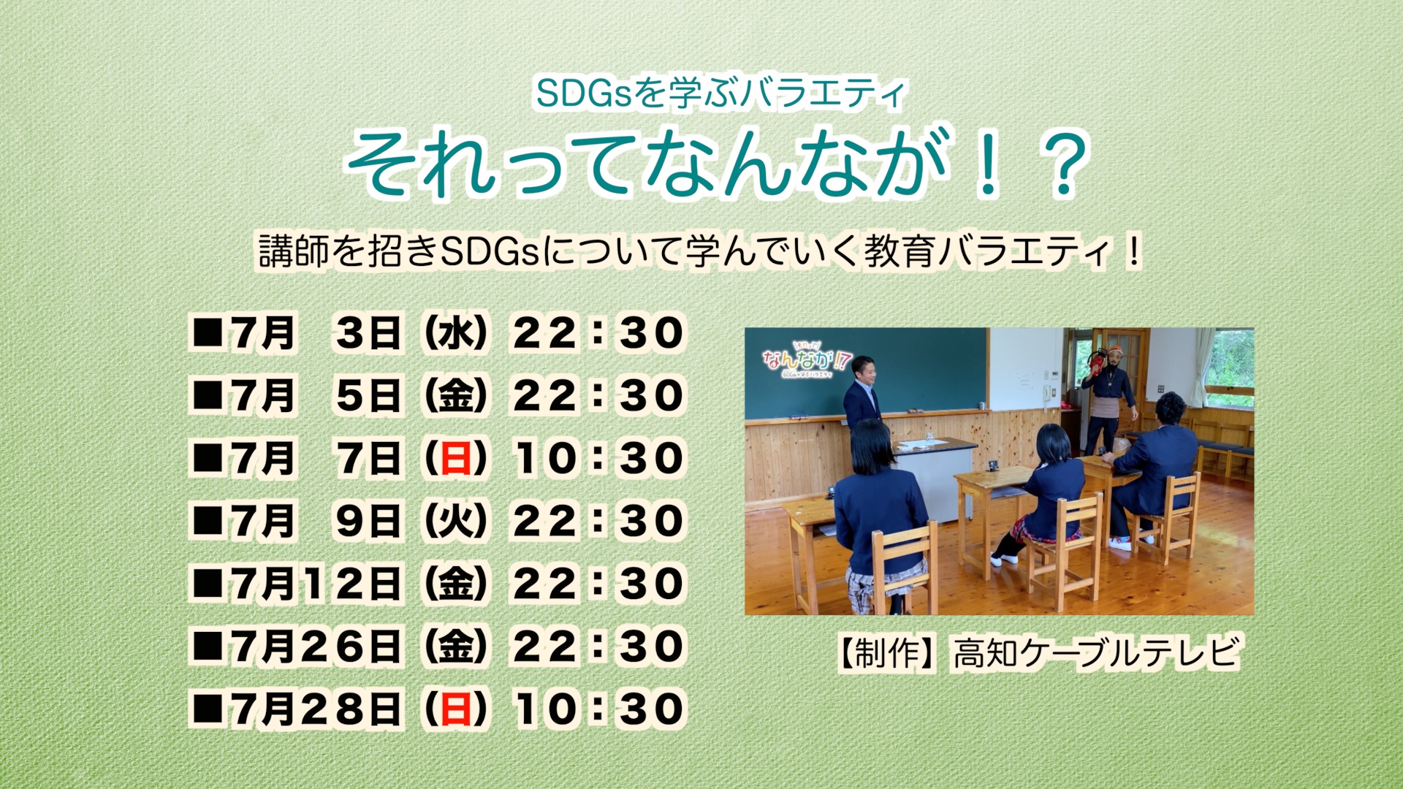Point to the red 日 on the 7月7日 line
(455, 459)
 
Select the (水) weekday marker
(455, 334)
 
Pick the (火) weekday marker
(455, 522)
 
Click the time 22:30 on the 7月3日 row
(598, 334)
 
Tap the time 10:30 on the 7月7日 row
(598, 459)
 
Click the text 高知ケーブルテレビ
(1096, 652)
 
